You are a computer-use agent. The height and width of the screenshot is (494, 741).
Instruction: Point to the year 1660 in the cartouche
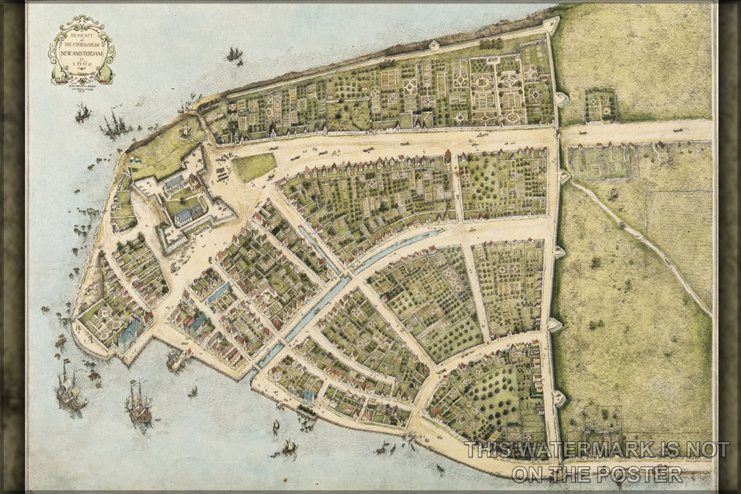coord(82,63)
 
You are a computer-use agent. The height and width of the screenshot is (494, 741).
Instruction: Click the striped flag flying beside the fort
coord(135,156)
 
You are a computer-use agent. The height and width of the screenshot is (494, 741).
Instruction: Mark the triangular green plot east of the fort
coord(253,167)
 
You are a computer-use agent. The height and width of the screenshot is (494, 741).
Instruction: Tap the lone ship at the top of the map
coord(234,54)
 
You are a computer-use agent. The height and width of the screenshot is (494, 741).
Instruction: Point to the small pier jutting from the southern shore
coord(176,360)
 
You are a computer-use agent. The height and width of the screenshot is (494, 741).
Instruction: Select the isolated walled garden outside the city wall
coord(600,105)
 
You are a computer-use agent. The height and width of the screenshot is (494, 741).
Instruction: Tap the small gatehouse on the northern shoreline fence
coord(433,46)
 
